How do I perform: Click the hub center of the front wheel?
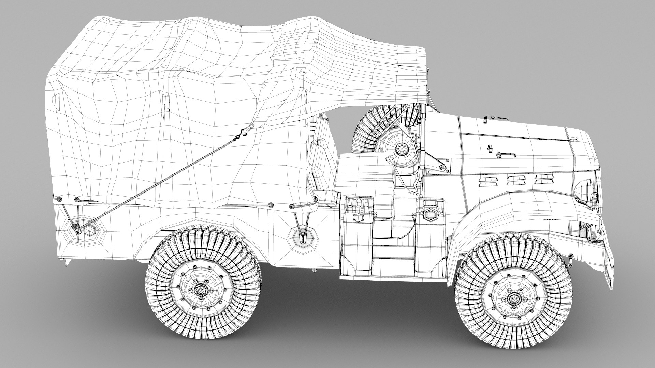[x=513, y=299]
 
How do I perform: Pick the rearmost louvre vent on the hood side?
[x=487, y=181]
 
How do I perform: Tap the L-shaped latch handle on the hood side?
[x=505, y=155]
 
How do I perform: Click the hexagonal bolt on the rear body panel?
[x=89, y=230]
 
